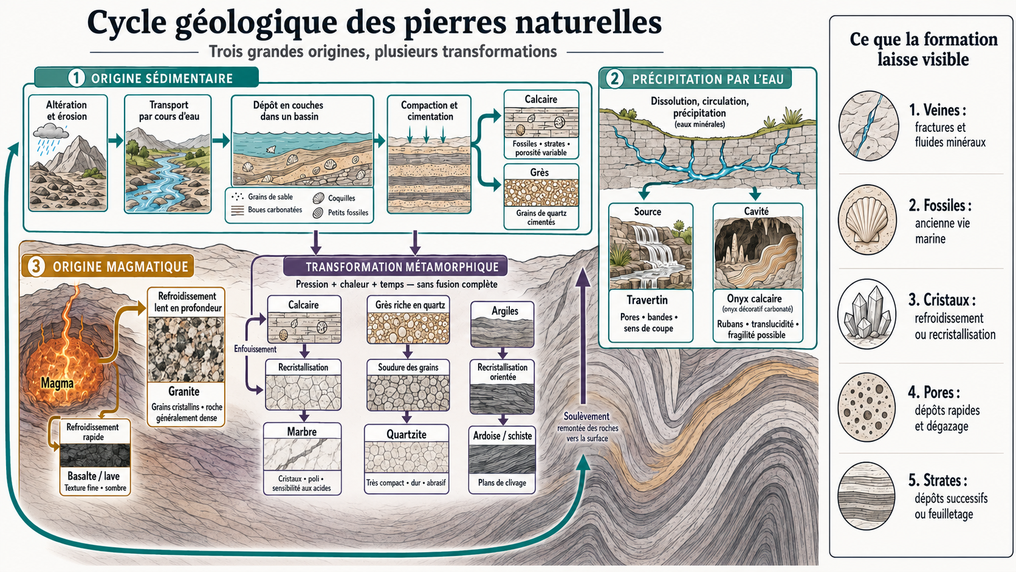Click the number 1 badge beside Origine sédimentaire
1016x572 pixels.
pos(76,78)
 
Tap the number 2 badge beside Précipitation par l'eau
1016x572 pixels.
pos(614,79)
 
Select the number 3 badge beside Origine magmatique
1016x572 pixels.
pos(36,266)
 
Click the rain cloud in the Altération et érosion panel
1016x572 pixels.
pos(50,131)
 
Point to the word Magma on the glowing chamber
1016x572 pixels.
pos(57,384)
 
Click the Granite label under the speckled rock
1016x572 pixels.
pos(184,391)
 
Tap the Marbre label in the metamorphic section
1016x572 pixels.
pos(301,432)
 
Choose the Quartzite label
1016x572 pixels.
pos(407,434)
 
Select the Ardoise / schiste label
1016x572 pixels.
pos(502,435)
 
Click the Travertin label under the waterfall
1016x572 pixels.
pos(647,300)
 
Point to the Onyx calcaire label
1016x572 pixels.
pos(754,298)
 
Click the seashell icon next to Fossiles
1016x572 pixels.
pos(867,219)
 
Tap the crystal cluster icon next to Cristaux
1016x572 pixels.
pos(867,314)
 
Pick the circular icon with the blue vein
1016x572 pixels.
pos(868,126)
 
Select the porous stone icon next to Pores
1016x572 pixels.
pos(867,407)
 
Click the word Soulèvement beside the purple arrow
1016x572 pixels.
pos(586,416)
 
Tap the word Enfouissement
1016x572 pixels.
pos(255,349)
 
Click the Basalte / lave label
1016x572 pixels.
pos(94,476)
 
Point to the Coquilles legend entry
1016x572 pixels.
pos(341,198)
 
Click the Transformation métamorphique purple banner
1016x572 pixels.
pos(395,266)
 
